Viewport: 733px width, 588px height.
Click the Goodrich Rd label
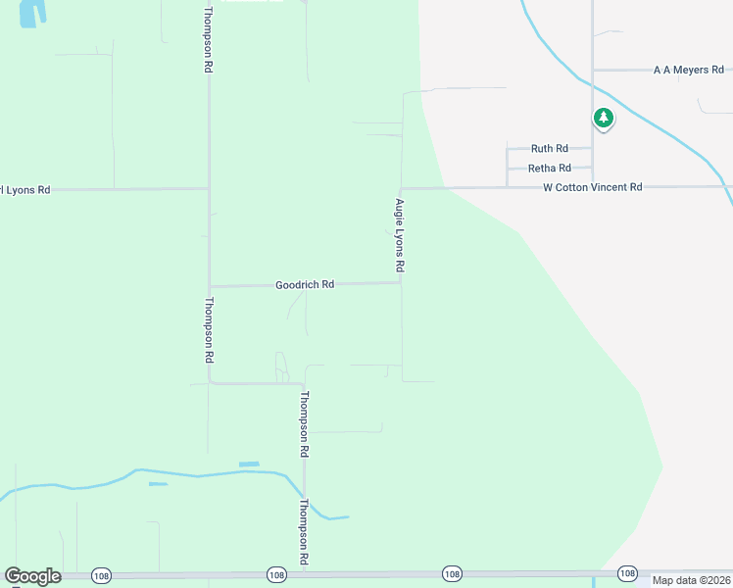pyautogui.click(x=305, y=284)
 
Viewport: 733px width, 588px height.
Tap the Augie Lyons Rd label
pyautogui.click(x=400, y=235)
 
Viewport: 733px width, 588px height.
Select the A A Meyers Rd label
pyautogui.click(x=688, y=70)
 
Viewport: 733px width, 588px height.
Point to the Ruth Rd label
pyautogui.click(x=549, y=149)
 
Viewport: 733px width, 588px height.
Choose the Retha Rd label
pyautogui.click(x=549, y=169)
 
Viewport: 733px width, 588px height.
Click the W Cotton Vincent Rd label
pyautogui.click(x=593, y=186)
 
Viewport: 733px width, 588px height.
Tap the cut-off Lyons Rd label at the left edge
pyautogui.click(x=24, y=189)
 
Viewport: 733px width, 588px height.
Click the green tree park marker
pyautogui.click(x=604, y=120)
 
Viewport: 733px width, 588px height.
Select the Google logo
pyautogui.click(x=32, y=576)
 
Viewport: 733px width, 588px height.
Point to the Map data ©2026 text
pyautogui.click(x=691, y=580)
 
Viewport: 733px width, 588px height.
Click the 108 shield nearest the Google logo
pyautogui.click(x=100, y=573)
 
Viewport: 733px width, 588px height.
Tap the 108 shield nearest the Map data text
pyautogui.click(x=627, y=572)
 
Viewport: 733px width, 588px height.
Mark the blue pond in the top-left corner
pyautogui.click(x=32, y=12)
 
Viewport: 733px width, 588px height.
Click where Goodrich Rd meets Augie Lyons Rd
pyautogui.click(x=401, y=283)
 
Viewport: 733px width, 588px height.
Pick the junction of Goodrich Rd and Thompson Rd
pyautogui.click(x=209, y=286)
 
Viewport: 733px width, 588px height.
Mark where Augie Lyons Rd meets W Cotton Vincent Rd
pyautogui.click(x=401, y=188)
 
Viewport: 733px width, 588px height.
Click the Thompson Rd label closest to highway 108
pyautogui.click(x=305, y=532)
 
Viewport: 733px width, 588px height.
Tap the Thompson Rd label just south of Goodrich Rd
pyautogui.click(x=209, y=330)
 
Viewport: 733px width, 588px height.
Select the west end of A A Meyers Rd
pyautogui.click(x=593, y=70)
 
